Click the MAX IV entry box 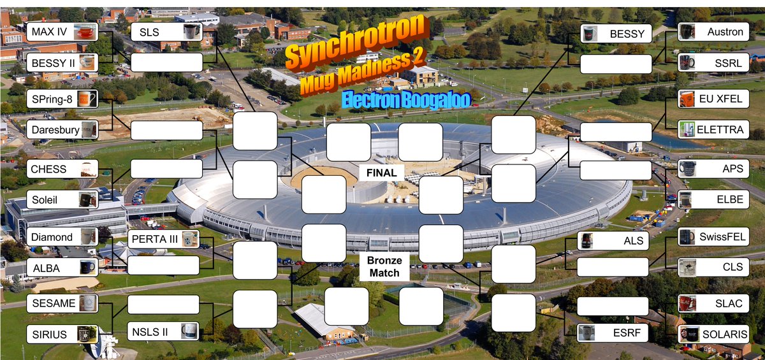tap(62, 32)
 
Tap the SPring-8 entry tap(62, 99)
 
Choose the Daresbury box tap(62, 130)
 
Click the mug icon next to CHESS tap(88, 169)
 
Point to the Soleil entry tap(62, 200)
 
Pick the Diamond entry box tap(62, 237)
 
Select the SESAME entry tap(62, 303)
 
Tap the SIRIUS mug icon tap(87, 333)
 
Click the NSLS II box tap(163, 331)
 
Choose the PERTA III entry tap(163, 240)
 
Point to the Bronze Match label tap(384, 267)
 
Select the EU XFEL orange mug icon tap(687, 99)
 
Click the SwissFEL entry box tap(713, 237)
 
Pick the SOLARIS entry tap(713, 334)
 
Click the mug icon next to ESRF tap(586, 333)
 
